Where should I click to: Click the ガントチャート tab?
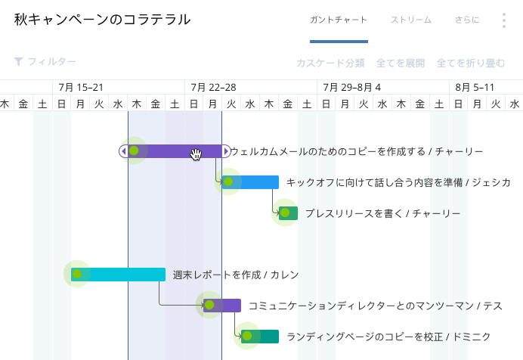[339, 20]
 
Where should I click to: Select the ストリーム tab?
[411, 20]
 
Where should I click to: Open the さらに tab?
[467, 20]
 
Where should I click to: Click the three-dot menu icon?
[504, 20]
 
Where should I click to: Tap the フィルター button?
[45, 62]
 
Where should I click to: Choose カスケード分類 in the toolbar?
[330, 63]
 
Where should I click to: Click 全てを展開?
[401, 63]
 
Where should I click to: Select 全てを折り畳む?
[471, 63]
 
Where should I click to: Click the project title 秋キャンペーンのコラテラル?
[102, 20]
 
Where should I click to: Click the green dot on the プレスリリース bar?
[285, 213]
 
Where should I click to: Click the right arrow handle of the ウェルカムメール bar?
[226, 151]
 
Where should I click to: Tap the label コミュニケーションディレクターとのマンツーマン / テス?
[376, 306]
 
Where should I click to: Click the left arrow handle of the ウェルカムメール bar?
[123, 151]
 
